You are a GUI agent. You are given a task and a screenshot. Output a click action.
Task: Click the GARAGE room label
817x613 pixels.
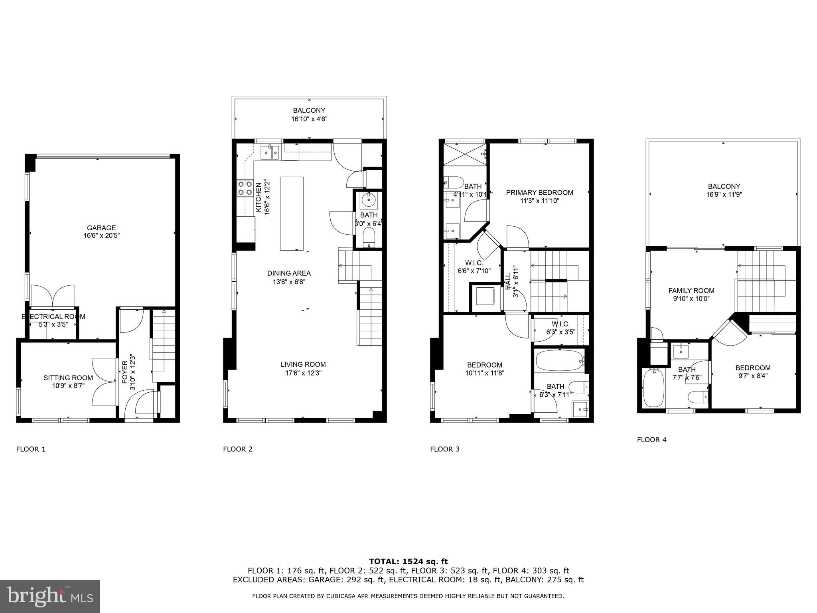click(x=101, y=228)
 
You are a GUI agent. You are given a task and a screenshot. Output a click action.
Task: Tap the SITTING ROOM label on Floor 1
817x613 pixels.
click(x=68, y=378)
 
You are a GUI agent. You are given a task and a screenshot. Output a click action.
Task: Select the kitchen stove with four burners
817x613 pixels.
click(x=245, y=188)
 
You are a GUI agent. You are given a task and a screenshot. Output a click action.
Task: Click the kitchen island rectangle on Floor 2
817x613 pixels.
click(x=292, y=214)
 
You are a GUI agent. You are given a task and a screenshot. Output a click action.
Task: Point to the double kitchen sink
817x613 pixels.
click(x=270, y=152)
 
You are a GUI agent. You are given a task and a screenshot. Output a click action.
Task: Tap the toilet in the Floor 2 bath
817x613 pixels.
click(x=369, y=238)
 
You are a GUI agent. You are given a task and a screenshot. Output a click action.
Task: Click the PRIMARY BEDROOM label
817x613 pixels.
click(x=539, y=192)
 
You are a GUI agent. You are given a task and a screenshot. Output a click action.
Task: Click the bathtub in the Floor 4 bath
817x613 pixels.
click(x=653, y=388)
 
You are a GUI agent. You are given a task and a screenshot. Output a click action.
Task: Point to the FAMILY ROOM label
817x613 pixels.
click(x=691, y=291)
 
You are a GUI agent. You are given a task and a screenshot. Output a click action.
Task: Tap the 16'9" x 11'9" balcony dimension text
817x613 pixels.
click(x=724, y=194)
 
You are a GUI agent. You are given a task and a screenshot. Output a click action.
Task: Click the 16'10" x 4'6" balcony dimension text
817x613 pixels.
click(x=309, y=119)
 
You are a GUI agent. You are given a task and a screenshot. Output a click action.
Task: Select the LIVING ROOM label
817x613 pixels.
click(x=303, y=364)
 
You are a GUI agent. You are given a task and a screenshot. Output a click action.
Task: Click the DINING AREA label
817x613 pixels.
click(x=289, y=273)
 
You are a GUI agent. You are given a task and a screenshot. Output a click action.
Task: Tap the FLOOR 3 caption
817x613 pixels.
click(x=445, y=449)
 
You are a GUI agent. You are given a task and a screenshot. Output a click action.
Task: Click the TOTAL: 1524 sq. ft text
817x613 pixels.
click(x=408, y=562)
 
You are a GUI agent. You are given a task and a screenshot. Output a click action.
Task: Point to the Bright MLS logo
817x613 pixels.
click(x=50, y=596)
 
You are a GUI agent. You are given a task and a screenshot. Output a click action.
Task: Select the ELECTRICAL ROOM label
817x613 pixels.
click(x=53, y=316)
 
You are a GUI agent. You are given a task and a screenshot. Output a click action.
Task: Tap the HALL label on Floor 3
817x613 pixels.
click(x=508, y=282)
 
